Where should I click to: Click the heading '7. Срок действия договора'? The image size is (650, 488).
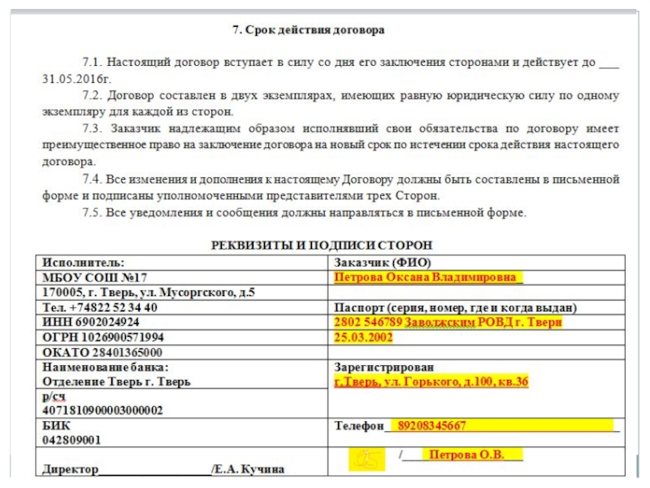click(309, 31)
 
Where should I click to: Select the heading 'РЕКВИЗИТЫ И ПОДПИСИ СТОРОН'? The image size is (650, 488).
click(322, 245)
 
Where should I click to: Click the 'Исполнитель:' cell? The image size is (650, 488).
click(84, 263)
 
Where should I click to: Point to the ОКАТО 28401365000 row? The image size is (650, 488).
click(102, 352)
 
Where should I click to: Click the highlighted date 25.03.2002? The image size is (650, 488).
click(363, 337)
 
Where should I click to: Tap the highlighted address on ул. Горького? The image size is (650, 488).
click(431, 381)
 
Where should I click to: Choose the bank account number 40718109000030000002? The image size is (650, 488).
click(102, 411)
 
